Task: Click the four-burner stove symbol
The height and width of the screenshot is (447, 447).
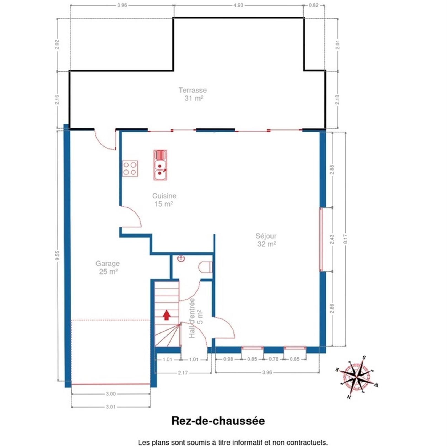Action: tap(130, 168)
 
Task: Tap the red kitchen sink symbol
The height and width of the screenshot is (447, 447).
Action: tap(160, 165)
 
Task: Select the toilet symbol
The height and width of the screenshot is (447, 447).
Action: tap(206, 267)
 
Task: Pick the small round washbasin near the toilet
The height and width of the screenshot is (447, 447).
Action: tap(181, 259)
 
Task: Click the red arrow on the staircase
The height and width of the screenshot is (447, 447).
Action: tap(166, 315)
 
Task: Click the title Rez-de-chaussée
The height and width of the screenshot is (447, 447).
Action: tap(218, 421)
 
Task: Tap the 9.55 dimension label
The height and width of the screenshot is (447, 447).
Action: tap(57, 256)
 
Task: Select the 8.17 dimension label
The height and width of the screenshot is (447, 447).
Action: tap(345, 239)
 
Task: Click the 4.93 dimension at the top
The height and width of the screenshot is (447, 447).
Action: tap(238, 5)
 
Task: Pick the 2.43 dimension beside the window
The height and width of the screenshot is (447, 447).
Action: tap(332, 239)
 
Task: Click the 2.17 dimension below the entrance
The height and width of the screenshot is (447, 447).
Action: tap(183, 373)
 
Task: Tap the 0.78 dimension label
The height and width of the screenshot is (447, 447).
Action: tap(273, 359)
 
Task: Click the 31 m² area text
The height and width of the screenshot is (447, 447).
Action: tap(194, 98)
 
